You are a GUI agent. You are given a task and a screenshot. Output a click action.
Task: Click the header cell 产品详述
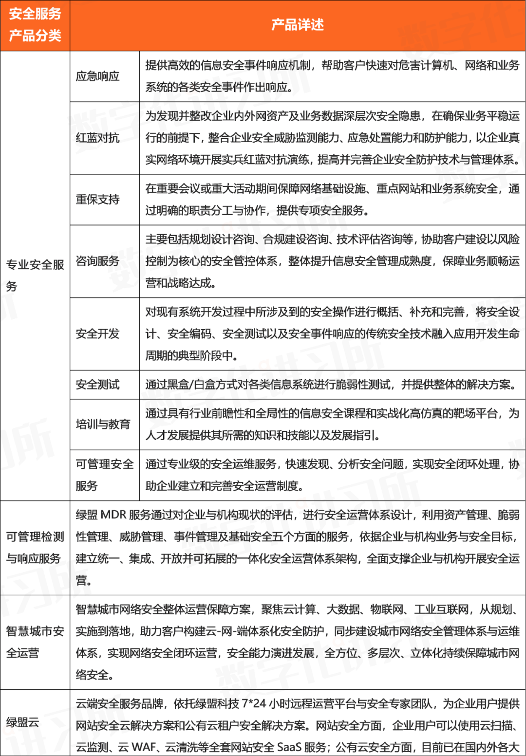click(x=297, y=25)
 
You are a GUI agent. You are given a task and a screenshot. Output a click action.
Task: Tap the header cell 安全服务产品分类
click(x=35, y=25)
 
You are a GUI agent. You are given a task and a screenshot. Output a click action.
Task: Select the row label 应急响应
click(x=97, y=76)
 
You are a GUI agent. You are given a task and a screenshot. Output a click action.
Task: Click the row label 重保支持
click(x=97, y=199)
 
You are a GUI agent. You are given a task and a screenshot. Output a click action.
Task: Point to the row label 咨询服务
click(x=97, y=261)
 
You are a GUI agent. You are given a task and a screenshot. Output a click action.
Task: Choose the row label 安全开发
click(x=97, y=333)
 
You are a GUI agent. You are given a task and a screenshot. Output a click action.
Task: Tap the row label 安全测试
click(x=97, y=385)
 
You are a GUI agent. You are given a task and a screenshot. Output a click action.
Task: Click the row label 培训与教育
click(x=103, y=424)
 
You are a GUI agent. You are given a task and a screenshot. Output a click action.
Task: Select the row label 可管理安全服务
click(x=104, y=475)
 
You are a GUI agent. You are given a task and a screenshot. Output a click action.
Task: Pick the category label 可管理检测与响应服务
click(x=35, y=547)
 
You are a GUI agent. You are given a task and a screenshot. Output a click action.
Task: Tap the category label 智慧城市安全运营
click(x=35, y=642)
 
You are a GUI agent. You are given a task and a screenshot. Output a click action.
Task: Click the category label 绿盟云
click(x=23, y=722)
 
